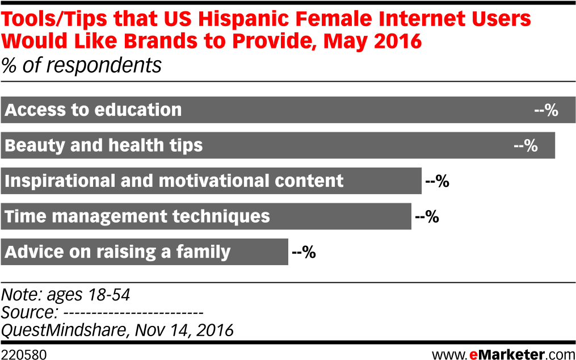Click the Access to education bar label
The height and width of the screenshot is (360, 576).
tap(93, 110)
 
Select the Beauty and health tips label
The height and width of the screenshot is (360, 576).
tap(104, 145)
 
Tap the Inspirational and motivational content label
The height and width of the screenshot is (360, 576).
tap(174, 181)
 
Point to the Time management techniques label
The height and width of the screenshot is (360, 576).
tap(137, 216)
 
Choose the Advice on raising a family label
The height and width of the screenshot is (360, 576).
tap(117, 252)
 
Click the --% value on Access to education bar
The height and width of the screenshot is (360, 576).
tap(546, 110)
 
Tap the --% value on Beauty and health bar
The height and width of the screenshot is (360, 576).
tap(525, 145)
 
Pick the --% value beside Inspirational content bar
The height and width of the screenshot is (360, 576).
tap(437, 181)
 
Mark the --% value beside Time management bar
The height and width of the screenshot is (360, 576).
tap(427, 216)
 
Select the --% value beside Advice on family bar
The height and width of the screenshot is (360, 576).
tap(304, 252)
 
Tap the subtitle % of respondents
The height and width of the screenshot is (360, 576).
tap(81, 66)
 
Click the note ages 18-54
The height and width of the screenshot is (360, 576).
tap(65, 295)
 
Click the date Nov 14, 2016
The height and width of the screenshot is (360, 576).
tap(184, 330)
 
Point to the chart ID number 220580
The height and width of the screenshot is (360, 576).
tap(23, 355)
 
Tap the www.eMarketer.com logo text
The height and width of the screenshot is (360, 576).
tap(503, 354)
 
